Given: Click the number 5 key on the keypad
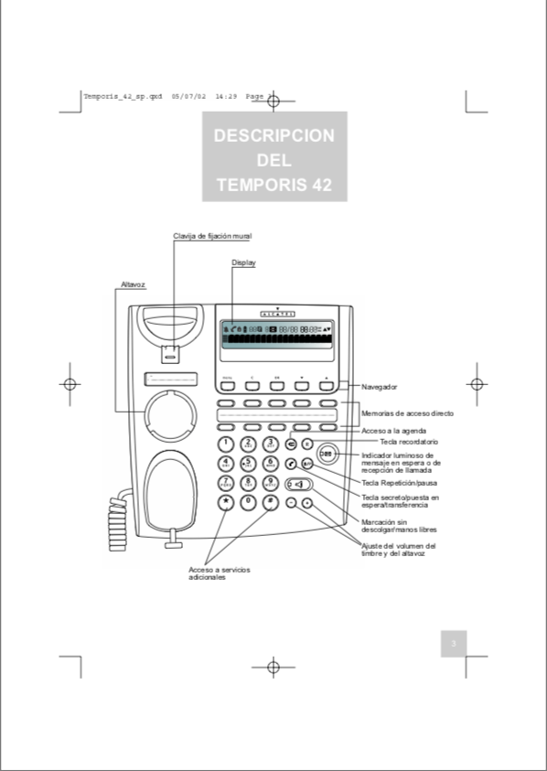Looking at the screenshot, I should tap(248, 463).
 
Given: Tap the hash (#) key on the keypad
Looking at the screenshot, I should tap(270, 502).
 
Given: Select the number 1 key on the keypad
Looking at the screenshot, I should tap(225, 444).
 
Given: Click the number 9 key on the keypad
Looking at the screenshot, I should tap(270, 483).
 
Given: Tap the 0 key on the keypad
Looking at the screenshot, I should tap(248, 502).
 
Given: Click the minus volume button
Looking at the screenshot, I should tap(291, 503).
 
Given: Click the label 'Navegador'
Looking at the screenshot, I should tap(379, 387).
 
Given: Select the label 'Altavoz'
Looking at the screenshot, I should tap(134, 284).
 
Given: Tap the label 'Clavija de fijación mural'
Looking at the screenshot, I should tap(212, 236).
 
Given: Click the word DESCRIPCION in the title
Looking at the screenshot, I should tap(273, 135).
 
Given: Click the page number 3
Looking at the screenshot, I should tap(453, 644).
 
